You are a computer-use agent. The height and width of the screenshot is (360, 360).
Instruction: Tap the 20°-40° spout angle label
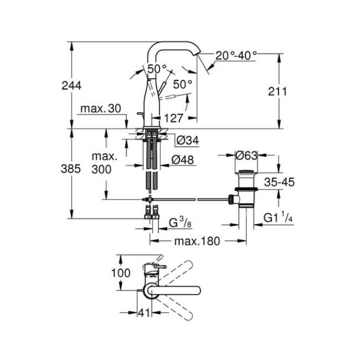[x=236, y=55]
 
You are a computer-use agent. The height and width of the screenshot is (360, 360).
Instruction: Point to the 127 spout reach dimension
[x=174, y=118]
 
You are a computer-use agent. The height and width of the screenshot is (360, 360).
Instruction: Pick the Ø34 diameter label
[x=186, y=140]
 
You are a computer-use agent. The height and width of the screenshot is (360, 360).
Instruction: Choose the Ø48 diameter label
[x=186, y=159]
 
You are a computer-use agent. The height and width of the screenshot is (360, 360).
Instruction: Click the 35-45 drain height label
[x=279, y=182]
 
